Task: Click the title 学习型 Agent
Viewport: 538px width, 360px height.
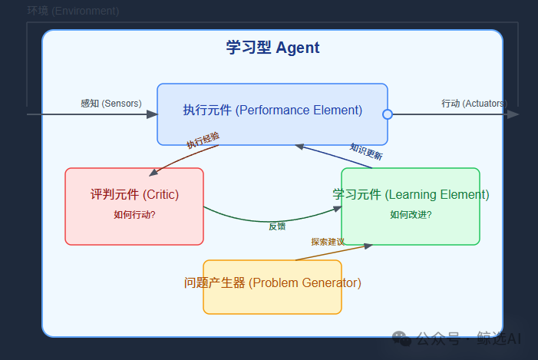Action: (272, 48)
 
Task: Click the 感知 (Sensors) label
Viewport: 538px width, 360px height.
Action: (111, 103)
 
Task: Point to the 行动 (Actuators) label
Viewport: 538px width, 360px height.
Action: (473, 103)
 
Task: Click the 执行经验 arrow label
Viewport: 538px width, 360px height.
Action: (203, 140)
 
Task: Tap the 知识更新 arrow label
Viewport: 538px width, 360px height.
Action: (366, 151)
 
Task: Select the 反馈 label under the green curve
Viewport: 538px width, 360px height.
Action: (277, 226)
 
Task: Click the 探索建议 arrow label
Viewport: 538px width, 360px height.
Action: (328, 241)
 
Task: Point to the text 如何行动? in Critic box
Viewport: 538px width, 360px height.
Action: (134, 215)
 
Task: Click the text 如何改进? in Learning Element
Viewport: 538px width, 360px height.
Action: (411, 214)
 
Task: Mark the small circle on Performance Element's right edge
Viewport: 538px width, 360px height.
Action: (388, 114)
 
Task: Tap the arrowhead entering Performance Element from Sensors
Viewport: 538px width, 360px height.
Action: (152, 114)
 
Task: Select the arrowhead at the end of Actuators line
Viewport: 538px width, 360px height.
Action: (513, 114)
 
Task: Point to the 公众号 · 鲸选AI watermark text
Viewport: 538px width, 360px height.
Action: (467, 339)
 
